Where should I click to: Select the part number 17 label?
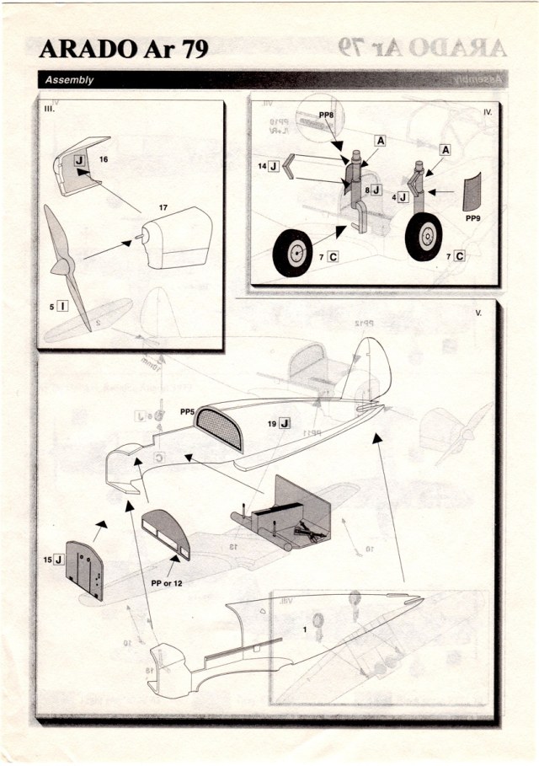tap(163, 207)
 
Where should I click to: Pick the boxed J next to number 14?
tap(273, 167)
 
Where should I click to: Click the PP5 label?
tap(188, 412)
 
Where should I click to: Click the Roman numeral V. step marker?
tap(478, 313)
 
